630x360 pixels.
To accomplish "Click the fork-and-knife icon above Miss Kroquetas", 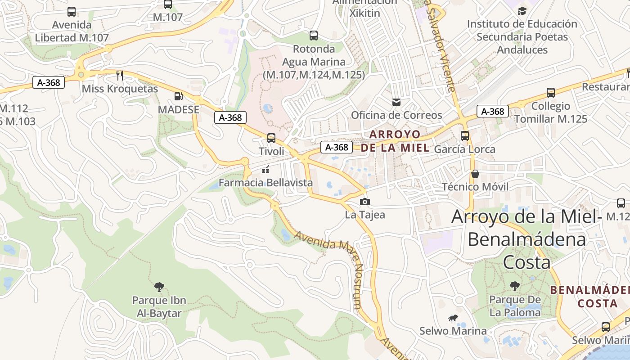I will [x=120, y=75].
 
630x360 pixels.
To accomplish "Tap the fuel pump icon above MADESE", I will [x=179, y=96].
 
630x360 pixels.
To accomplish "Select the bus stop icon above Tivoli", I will [x=271, y=138].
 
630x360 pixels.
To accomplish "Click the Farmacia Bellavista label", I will [x=265, y=182].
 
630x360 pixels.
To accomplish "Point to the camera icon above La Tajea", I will [x=365, y=202].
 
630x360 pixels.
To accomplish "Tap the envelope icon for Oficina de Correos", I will [x=396, y=102].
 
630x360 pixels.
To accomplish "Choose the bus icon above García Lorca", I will [x=465, y=135].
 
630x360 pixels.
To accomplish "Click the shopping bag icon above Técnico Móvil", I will [x=475, y=174].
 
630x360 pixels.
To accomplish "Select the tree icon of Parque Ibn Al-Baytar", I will [x=159, y=287].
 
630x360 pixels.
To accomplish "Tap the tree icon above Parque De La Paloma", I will [x=515, y=286].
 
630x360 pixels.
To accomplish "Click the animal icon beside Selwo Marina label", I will [x=453, y=318].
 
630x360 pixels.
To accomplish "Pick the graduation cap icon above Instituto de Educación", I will [x=522, y=11].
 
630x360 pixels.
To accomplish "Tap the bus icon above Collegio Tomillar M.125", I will [x=550, y=93].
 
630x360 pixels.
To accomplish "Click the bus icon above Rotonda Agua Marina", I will [x=314, y=35].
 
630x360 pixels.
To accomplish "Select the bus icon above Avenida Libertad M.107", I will [x=72, y=12].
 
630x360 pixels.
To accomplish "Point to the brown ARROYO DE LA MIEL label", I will [x=395, y=141].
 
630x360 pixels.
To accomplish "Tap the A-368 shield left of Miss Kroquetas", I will [x=49, y=82].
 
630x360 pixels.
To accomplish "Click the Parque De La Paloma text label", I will [x=515, y=306].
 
